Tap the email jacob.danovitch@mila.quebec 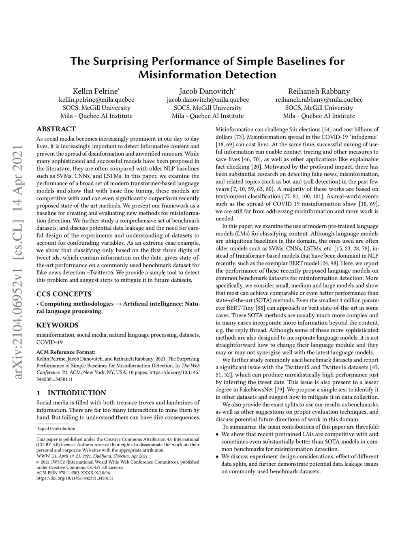(207, 100)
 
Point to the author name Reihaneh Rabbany (319, 91)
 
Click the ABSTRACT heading (56, 129)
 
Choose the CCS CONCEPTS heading (64, 294)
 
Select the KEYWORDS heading (57, 325)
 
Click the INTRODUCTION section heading (77, 392)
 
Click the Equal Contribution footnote (56, 428)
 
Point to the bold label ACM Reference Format (66, 352)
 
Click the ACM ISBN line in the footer (73, 473)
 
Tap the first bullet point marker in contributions (218, 434)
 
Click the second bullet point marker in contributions (218, 456)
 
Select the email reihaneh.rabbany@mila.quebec (319, 100)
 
